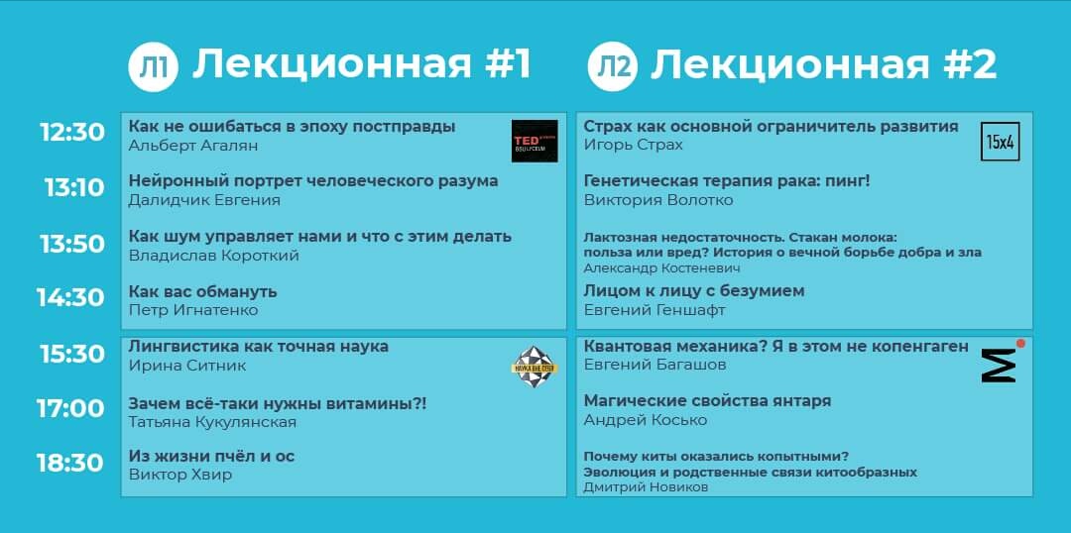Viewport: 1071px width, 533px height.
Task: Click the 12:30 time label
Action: point(71,132)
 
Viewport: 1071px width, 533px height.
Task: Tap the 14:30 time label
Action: point(70,297)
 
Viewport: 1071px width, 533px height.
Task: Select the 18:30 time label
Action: point(70,463)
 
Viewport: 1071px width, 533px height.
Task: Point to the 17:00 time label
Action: point(70,407)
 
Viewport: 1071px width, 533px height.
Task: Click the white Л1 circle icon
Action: point(153,67)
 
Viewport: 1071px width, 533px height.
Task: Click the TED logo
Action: point(535,141)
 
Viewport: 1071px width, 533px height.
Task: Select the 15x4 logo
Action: point(1000,142)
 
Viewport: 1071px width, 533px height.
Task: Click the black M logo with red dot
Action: point(1001,362)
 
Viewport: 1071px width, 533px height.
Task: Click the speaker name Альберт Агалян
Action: point(193,146)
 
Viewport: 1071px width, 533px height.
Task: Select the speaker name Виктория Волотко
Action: point(658,200)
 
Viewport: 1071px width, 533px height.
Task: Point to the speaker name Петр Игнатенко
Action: point(193,310)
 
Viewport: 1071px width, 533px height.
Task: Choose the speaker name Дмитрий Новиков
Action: point(646,486)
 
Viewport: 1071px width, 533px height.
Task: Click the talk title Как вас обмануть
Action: point(202,291)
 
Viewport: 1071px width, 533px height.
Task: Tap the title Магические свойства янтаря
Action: point(707,400)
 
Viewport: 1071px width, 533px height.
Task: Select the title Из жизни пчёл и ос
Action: point(211,456)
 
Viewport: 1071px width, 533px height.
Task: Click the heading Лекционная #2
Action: point(823,65)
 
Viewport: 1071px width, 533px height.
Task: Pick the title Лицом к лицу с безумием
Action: point(694,290)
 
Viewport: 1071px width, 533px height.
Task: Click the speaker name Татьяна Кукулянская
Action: point(212,422)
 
